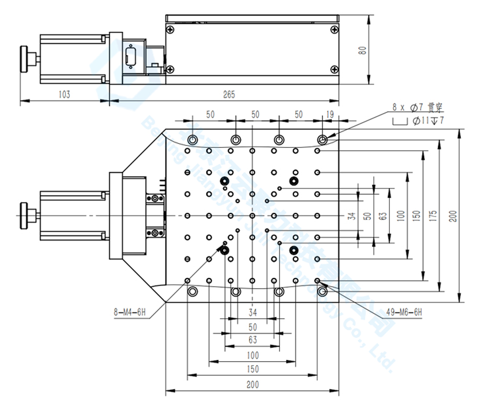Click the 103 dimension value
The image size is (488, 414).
pyautogui.click(x=64, y=95)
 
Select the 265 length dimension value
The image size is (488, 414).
pyautogui.click(x=228, y=95)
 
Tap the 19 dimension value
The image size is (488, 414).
pyautogui.click(x=329, y=115)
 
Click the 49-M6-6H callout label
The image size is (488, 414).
pyautogui.click(x=404, y=311)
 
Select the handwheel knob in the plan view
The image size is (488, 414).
pyautogui.click(x=24, y=215)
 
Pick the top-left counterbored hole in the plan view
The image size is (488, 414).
pyautogui.click(x=192, y=140)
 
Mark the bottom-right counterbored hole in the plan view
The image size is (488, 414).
pyautogui.click(x=322, y=291)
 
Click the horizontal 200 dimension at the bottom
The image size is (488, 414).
pyautogui.click(x=252, y=385)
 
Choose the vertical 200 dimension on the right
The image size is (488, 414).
pyautogui.click(x=453, y=216)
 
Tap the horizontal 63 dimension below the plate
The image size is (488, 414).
pyautogui.click(x=252, y=340)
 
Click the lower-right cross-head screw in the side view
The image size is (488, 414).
pyautogui.click(x=334, y=69)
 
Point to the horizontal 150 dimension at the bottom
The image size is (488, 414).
pyautogui.click(x=252, y=370)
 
